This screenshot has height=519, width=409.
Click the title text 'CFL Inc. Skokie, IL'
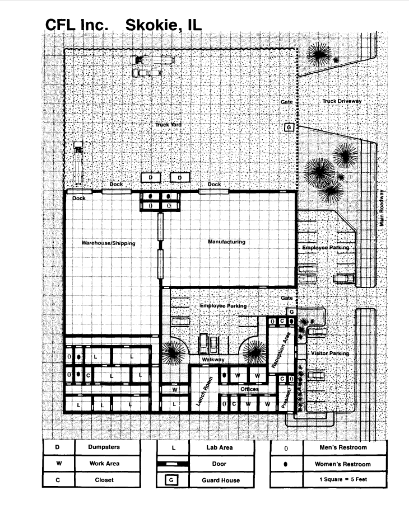click(x=123, y=25)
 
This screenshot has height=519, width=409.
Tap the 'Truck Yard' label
click(x=168, y=124)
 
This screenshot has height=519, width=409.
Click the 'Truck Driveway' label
click(x=342, y=101)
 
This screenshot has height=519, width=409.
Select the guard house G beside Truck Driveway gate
click(x=289, y=128)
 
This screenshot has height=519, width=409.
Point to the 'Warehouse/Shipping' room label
click(x=108, y=243)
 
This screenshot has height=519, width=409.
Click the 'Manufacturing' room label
click(x=226, y=242)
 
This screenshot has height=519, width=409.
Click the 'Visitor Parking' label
click(x=330, y=353)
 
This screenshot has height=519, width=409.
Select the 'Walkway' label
click(x=213, y=360)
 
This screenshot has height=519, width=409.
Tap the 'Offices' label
click(x=249, y=389)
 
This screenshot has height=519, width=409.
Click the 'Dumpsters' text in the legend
click(x=104, y=447)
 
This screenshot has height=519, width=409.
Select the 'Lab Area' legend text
click(x=220, y=447)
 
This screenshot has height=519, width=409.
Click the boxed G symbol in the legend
click(x=172, y=480)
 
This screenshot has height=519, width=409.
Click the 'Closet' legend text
click(x=104, y=480)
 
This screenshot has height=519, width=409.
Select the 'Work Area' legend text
click(x=104, y=464)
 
